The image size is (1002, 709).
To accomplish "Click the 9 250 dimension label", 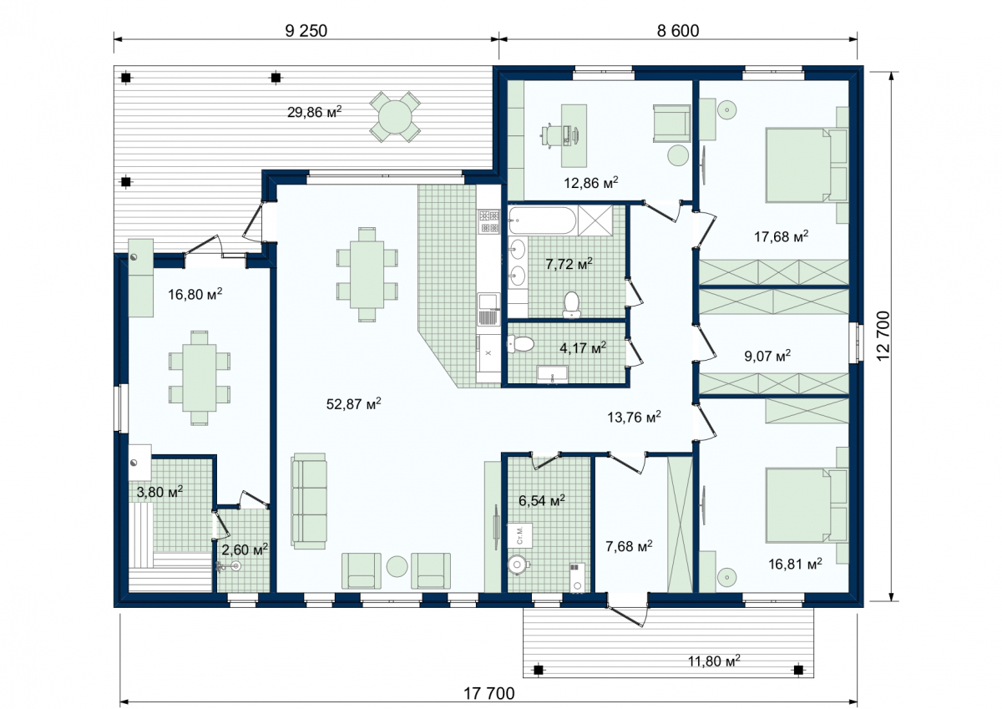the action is click(x=306, y=31).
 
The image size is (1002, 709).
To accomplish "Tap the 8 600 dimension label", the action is click(x=678, y=31).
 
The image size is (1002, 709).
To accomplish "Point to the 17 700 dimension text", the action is click(x=489, y=693).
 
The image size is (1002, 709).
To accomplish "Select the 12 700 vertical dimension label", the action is click(x=883, y=336).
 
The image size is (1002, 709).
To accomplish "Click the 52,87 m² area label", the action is click(x=353, y=403).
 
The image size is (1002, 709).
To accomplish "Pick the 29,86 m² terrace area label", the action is click(x=314, y=111).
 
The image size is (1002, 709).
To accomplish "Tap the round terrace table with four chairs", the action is click(x=395, y=117).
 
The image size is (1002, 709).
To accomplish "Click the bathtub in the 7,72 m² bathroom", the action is click(x=542, y=220).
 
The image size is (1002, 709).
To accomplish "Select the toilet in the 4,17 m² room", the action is click(x=521, y=344).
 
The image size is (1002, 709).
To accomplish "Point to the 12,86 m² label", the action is click(x=591, y=183).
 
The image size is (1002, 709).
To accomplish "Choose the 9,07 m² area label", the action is click(x=767, y=356).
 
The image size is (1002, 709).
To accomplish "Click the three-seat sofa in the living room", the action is click(x=309, y=501).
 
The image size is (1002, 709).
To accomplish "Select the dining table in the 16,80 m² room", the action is click(x=199, y=377).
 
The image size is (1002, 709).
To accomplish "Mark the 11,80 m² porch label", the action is click(x=714, y=661).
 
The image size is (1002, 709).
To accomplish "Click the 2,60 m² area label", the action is click(x=245, y=549).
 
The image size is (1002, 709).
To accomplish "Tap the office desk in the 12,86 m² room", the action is click(x=574, y=136).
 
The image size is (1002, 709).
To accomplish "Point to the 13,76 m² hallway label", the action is click(x=634, y=417).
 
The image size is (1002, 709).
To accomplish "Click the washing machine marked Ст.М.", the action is click(x=519, y=535).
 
